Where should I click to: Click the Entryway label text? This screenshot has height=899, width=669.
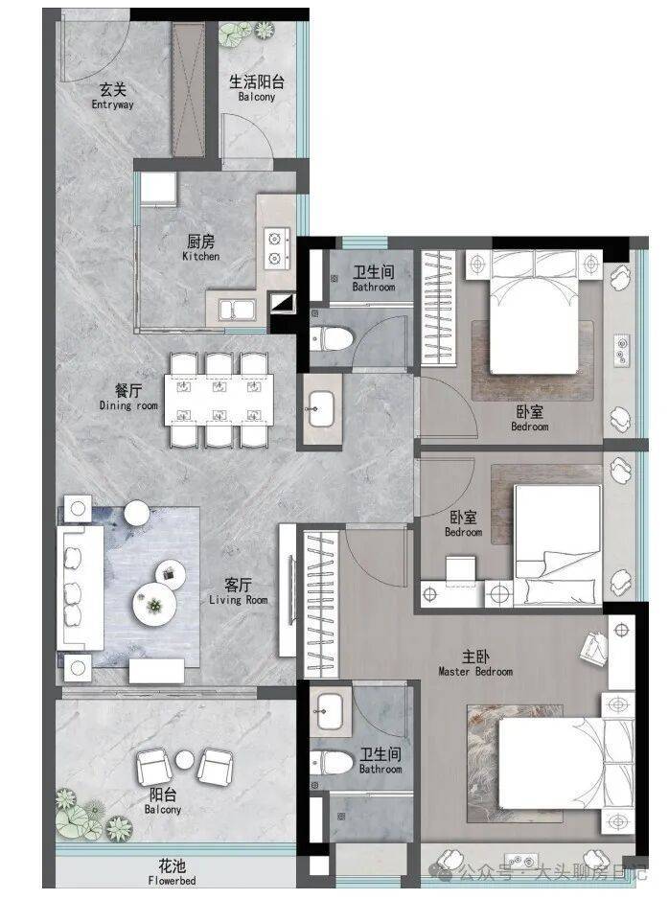pos(112,97)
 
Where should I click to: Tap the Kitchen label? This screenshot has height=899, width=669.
pos(200,248)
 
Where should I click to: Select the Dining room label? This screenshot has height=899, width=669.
pos(128,398)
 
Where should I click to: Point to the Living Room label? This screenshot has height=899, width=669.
pos(238,592)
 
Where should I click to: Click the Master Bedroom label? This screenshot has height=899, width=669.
pos(475,663)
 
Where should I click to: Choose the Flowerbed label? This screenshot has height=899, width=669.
pos(172,872)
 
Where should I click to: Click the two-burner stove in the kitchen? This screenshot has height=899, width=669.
pos(276,248)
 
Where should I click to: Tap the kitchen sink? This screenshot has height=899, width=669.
pos(236,311)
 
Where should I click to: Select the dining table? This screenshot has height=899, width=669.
pos(219,399)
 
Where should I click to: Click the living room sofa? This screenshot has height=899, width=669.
pos(81,588)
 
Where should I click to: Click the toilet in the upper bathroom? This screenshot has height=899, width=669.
pos(332,338)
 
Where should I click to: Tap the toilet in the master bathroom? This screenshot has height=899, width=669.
pos(332,763)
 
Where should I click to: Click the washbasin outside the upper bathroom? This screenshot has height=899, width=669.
pos(320,409)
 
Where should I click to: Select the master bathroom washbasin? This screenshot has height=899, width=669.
pos(331,711)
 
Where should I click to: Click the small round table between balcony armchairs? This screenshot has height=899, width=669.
pos(185,760)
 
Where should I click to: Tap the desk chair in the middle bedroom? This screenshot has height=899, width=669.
pos(461,570)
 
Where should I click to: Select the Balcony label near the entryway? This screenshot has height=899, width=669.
pos(257,88)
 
